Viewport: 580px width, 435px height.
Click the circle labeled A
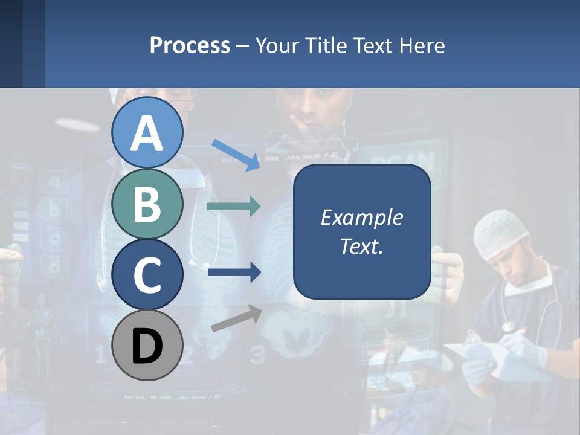[147, 133]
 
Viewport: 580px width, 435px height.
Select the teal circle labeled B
[147, 204]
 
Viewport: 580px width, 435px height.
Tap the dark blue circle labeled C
[147, 275]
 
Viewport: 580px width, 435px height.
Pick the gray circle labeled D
[147, 346]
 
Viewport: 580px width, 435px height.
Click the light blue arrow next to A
[236, 155]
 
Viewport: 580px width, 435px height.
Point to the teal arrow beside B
[234, 207]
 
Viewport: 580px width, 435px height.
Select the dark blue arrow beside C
[234, 272]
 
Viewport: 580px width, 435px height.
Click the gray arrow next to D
[236, 318]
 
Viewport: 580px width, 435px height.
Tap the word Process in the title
[190, 45]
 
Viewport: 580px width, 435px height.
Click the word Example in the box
[361, 217]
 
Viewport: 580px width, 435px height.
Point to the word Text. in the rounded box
[361, 246]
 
